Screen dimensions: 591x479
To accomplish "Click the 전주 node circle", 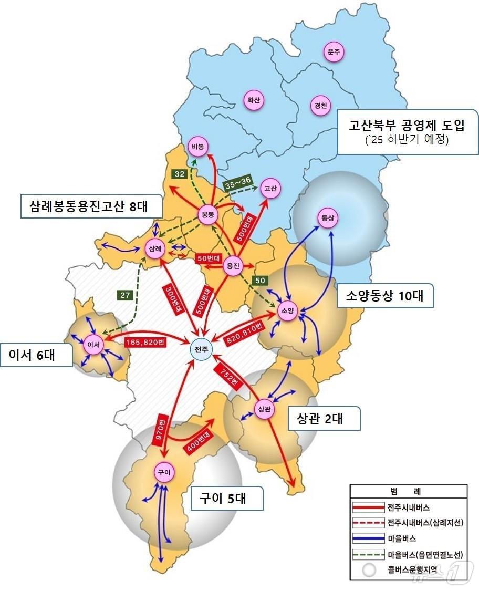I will coord(201,349).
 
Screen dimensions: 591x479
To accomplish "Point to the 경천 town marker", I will coord(321,105).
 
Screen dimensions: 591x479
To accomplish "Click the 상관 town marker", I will coord(264,409).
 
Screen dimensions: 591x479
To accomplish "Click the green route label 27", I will coord(125,295).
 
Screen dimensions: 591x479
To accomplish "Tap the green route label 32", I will coord(179,174).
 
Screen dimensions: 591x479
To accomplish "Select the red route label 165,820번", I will coord(146,343).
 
